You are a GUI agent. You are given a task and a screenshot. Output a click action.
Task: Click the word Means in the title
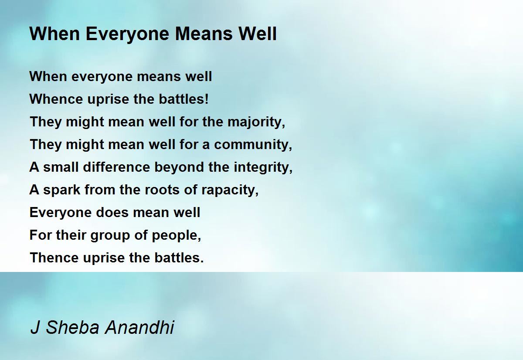click(x=204, y=34)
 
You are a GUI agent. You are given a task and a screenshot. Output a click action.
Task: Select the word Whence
click(x=56, y=99)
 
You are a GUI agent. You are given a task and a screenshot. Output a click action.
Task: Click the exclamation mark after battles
click(x=206, y=99)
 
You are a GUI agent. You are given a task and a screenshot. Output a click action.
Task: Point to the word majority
click(x=256, y=122)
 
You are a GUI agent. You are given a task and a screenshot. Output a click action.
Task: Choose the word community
click(x=253, y=145)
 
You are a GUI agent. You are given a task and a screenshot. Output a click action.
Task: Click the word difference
click(x=116, y=167)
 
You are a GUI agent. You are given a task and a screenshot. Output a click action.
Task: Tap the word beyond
click(x=179, y=167)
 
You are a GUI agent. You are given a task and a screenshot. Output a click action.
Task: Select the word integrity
click(x=263, y=167)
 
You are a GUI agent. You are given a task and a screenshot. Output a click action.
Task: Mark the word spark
click(x=62, y=190)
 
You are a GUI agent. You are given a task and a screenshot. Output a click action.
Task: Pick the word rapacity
click(x=230, y=190)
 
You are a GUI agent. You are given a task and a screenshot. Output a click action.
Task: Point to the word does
click(x=112, y=212)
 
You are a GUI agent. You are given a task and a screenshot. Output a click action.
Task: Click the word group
click(x=110, y=235)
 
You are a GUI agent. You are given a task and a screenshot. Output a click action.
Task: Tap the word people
click(x=177, y=235)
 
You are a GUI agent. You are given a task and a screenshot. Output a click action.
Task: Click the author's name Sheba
click(x=73, y=327)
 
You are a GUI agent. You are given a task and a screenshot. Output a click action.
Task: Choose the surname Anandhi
click(x=139, y=327)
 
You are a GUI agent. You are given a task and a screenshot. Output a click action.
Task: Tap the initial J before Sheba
click(x=35, y=327)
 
